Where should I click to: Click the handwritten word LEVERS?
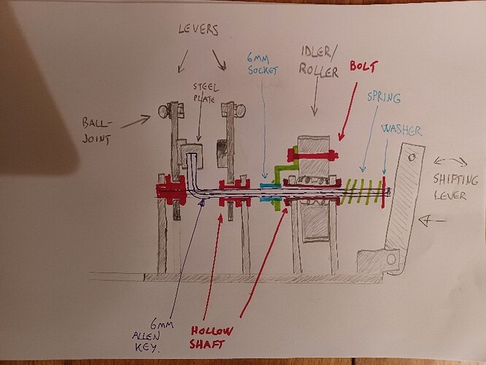pyautogui.click(x=198, y=29)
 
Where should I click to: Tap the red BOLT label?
pyautogui.click(x=364, y=66)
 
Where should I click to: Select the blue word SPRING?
pyautogui.click(x=384, y=98)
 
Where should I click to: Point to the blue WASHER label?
pyautogui.click(x=401, y=130)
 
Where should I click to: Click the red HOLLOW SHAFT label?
pyautogui.click(x=211, y=338)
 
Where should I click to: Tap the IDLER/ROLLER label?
pyautogui.click(x=319, y=62)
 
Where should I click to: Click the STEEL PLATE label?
pyautogui.click(x=205, y=93)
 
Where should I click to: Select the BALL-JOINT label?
pyautogui.click(x=96, y=131)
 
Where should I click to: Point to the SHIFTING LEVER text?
pyautogui.click(x=455, y=188)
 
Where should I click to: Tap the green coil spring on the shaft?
pyautogui.click(x=362, y=191)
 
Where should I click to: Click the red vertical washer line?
pyautogui.click(x=384, y=192)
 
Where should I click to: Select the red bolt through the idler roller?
pyautogui.click(x=312, y=155)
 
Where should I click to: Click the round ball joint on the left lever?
pyautogui.click(x=163, y=111)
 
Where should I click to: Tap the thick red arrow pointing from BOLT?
pyautogui.click(x=348, y=112)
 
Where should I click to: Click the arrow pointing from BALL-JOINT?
pyautogui.click(x=136, y=121)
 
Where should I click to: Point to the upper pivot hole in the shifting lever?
pyautogui.click(x=412, y=158)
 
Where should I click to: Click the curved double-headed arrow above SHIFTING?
pyautogui.click(x=450, y=161)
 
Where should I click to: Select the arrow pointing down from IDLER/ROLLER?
pyautogui.click(x=316, y=97)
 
